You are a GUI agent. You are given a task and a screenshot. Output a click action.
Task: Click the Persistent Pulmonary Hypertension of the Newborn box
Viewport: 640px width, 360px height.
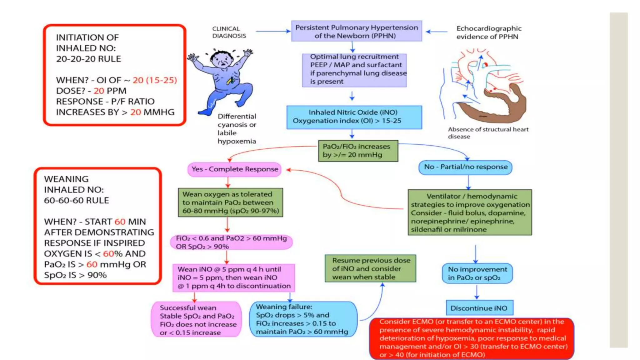pos(357,31)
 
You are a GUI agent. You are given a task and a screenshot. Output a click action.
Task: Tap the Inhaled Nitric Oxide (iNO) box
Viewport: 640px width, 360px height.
pos(354,117)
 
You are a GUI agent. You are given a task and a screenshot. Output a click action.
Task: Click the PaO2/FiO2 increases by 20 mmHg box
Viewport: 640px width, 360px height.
pos(358,151)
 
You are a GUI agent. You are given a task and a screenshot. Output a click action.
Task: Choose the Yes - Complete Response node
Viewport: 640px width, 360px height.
pos(234,169)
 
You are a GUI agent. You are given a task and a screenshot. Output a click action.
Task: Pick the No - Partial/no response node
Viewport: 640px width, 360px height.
pos(465,167)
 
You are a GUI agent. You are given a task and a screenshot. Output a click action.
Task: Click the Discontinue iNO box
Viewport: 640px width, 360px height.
pos(479,308)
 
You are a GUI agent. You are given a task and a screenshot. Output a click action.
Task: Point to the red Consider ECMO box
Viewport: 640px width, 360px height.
pos(472,338)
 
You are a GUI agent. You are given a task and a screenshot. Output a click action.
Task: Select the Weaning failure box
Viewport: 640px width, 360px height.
pos(303,319)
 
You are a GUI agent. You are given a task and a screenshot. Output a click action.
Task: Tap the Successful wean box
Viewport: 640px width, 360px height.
pos(196,320)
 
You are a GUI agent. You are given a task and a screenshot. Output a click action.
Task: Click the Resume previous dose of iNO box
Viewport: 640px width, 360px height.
pos(371,268)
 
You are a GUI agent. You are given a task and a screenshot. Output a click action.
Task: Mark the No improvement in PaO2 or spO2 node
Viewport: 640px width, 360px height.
pos(477,273)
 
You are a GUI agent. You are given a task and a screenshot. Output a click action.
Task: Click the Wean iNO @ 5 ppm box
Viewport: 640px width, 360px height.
pos(234,277)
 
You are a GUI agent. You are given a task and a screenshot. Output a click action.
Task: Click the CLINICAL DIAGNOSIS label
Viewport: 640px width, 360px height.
pos(229,32)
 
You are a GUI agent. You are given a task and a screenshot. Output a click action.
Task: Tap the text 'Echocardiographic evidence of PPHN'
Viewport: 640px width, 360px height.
pos(489,32)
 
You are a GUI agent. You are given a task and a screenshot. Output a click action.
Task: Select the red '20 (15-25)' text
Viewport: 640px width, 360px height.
pos(155,80)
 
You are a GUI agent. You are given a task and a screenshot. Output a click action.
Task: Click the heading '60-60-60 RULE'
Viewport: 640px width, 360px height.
pos(77,200)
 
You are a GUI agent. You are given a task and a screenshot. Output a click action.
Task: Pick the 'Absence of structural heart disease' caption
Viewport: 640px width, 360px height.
pos(488,133)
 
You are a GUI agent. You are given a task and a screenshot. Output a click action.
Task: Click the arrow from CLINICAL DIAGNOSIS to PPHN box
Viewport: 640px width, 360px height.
pos(273,31)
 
